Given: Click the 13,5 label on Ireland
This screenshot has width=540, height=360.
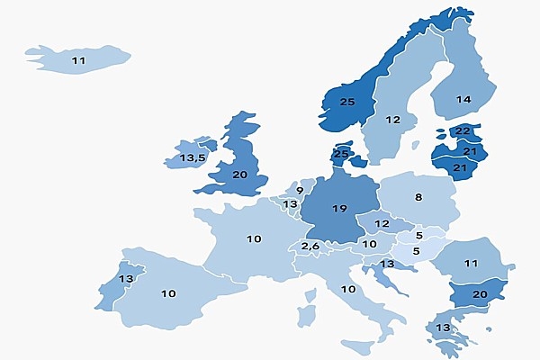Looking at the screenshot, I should (193, 158).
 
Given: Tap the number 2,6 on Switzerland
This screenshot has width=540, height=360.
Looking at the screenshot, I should (310, 247).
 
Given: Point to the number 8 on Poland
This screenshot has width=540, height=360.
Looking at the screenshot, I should (418, 197).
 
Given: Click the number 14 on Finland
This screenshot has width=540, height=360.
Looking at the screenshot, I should (463, 100).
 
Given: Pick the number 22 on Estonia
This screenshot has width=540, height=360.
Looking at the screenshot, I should (463, 131).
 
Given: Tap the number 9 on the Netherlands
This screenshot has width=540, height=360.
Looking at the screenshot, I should (300, 191).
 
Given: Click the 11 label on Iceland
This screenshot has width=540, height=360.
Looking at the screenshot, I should (78, 60).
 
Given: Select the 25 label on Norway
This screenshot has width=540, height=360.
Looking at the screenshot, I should (347, 102).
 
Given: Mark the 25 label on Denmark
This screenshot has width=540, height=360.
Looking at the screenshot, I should (341, 154).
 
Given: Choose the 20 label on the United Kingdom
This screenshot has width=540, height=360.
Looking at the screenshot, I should (240, 175).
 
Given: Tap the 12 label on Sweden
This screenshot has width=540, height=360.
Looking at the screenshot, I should (392, 120).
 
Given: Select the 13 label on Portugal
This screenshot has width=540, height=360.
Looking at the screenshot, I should (126, 280).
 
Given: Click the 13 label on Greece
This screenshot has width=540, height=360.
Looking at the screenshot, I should (443, 327).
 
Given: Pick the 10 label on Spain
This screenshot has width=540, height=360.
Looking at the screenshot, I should (168, 293).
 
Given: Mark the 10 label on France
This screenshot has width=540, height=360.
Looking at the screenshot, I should (254, 238).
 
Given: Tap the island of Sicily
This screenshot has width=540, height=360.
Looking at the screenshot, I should (357, 346).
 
